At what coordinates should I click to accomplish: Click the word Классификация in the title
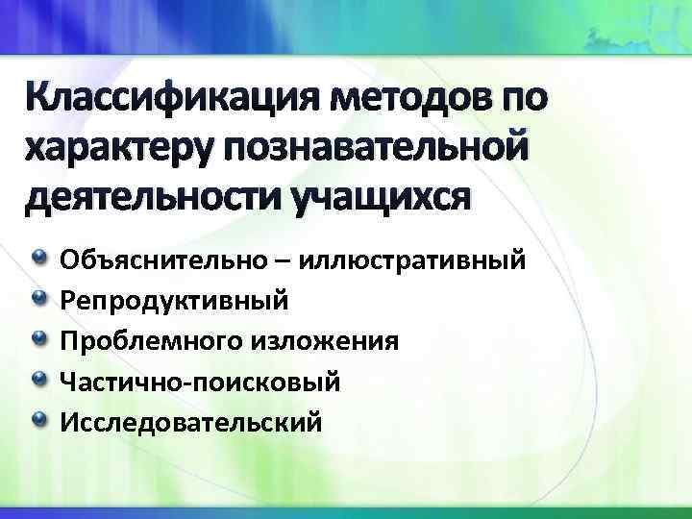pyautogui.click(x=170, y=99)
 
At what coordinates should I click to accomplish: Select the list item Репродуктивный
pyautogui.click(x=174, y=301)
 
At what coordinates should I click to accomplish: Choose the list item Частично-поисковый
pyautogui.click(x=200, y=382)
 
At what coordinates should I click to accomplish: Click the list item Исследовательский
pyautogui.click(x=191, y=422)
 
